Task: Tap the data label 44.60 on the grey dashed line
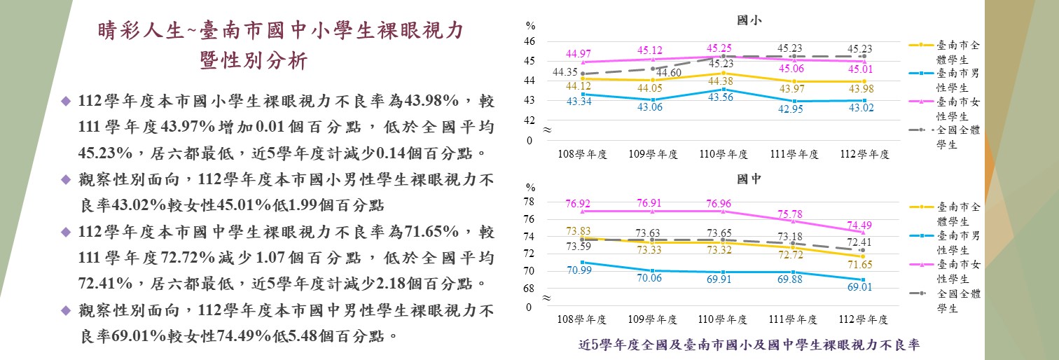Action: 670,73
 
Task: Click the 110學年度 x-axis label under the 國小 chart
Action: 724,154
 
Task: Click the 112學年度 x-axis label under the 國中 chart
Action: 864,319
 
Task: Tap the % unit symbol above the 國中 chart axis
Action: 531,188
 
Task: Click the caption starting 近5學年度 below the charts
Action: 748,345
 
